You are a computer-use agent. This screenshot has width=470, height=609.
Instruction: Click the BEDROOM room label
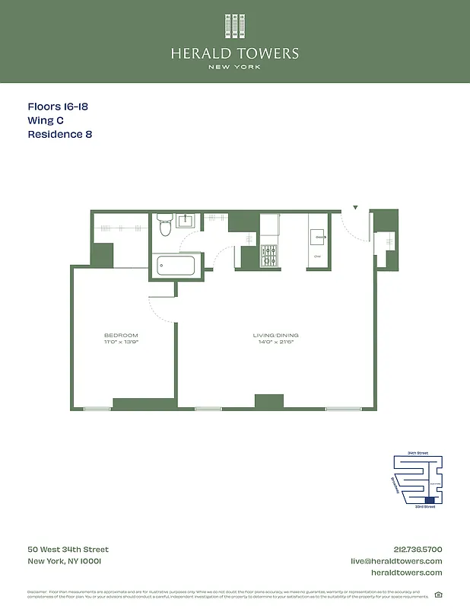pyautogui.click(x=121, y=335)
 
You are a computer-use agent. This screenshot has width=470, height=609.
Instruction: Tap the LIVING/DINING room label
pyautogui.click(x=276, y=335)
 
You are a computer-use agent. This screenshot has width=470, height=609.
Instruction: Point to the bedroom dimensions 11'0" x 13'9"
pyautogui.click(x=121, y=342)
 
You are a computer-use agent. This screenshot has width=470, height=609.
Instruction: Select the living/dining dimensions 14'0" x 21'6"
pyautogui.click(x=276, y=342)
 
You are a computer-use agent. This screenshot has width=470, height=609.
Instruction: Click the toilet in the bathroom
pyautogui.click(x=165, y=225)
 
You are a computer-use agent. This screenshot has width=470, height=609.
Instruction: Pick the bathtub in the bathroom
pyautogui.click(x=176, y=266)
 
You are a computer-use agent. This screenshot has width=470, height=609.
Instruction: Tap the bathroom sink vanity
pyautogui.click(x=186, y=222)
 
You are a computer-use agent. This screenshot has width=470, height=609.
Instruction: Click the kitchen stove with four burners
pyautogui.click(x=269, y=257)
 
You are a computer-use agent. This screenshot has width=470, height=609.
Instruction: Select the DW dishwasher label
pyautogui.click(x=318, y=257)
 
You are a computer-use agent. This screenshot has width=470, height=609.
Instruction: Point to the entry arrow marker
pyautogui.click(x=354, y=207)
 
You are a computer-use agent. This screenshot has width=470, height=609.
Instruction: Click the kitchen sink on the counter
pyautogui.click(x=319, y=237)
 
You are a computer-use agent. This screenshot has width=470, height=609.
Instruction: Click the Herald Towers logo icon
pyautogui.click(x=234, y=26)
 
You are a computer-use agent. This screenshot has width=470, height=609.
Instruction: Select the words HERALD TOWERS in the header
pyautogui.click(x=234, y=53)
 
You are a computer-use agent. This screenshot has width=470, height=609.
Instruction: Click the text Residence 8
pyautogui.click(x=60, y=135)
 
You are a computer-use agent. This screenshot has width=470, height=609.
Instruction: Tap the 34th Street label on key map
pyautogui.click(x=418, y=453)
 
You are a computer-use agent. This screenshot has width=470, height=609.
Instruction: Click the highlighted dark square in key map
pyautogui.click(x=430, y=500)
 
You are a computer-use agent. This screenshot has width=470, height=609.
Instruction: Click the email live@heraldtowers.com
pyautogui.click(x=395, y=561)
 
